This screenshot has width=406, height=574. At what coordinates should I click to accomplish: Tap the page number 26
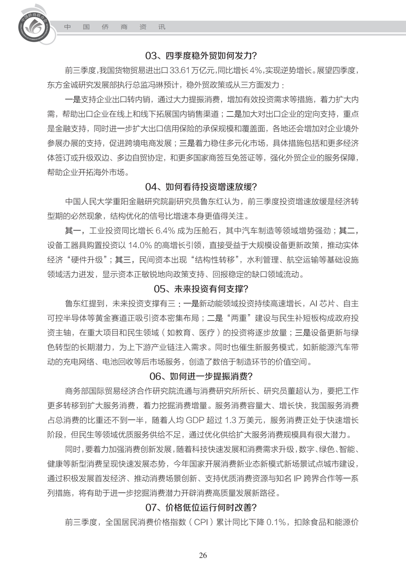pos(203,555)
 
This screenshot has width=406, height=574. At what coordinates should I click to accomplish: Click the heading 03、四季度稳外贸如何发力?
pos(201,56)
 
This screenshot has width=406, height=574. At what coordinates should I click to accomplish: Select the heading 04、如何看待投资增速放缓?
pos(201,187)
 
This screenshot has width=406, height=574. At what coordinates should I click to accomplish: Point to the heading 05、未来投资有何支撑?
pos(201,289)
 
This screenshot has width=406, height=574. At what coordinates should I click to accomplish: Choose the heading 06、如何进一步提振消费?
pos(201,376)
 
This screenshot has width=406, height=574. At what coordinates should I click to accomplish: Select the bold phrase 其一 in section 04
pos(73,230)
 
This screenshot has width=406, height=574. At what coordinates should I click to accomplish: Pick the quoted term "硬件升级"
pos(86,260)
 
